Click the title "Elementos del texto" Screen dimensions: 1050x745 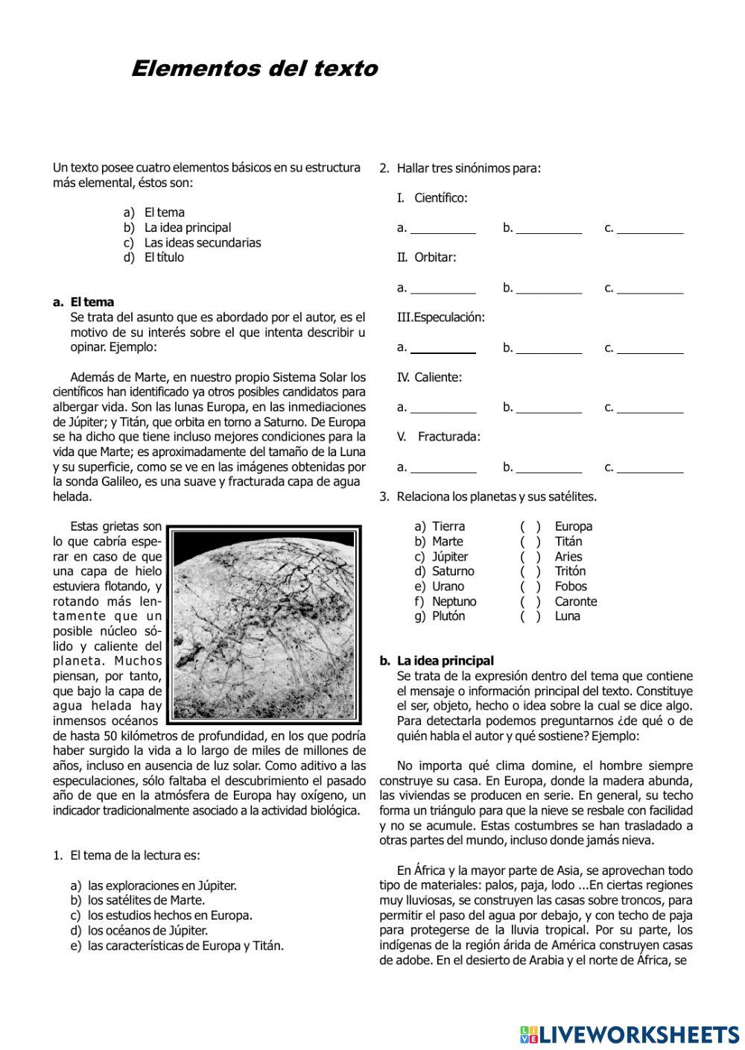[254, 69]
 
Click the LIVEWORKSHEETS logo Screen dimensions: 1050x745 [630, 1034]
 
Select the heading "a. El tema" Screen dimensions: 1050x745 [83, 302]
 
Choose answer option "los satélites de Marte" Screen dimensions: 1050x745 [146, 900]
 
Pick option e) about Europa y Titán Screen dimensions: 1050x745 [185, 946]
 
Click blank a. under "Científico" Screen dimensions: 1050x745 [443, 229]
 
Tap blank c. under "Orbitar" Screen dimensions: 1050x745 [650, 288]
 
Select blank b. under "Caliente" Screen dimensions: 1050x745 [548, 408]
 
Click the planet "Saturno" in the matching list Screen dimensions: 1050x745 [452, 572]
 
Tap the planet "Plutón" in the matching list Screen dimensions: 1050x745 [448, 616]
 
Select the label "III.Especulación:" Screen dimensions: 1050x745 [441, 317]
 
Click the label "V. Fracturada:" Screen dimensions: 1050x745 [439, 437]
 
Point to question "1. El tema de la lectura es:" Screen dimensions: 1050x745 [127, 856]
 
